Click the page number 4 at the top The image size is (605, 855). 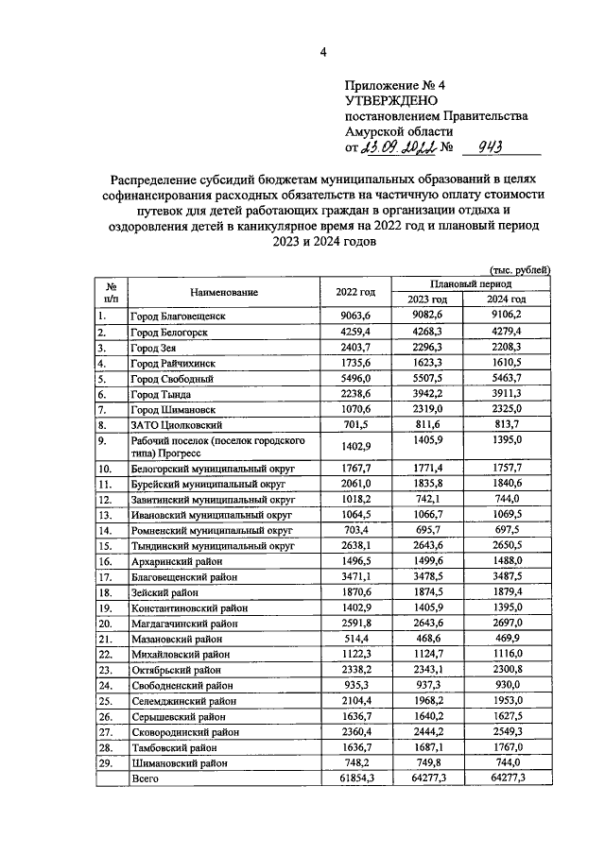click(322, 52)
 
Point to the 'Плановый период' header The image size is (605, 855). click(470, 283)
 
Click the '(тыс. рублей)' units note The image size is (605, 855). click(518, 269)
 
